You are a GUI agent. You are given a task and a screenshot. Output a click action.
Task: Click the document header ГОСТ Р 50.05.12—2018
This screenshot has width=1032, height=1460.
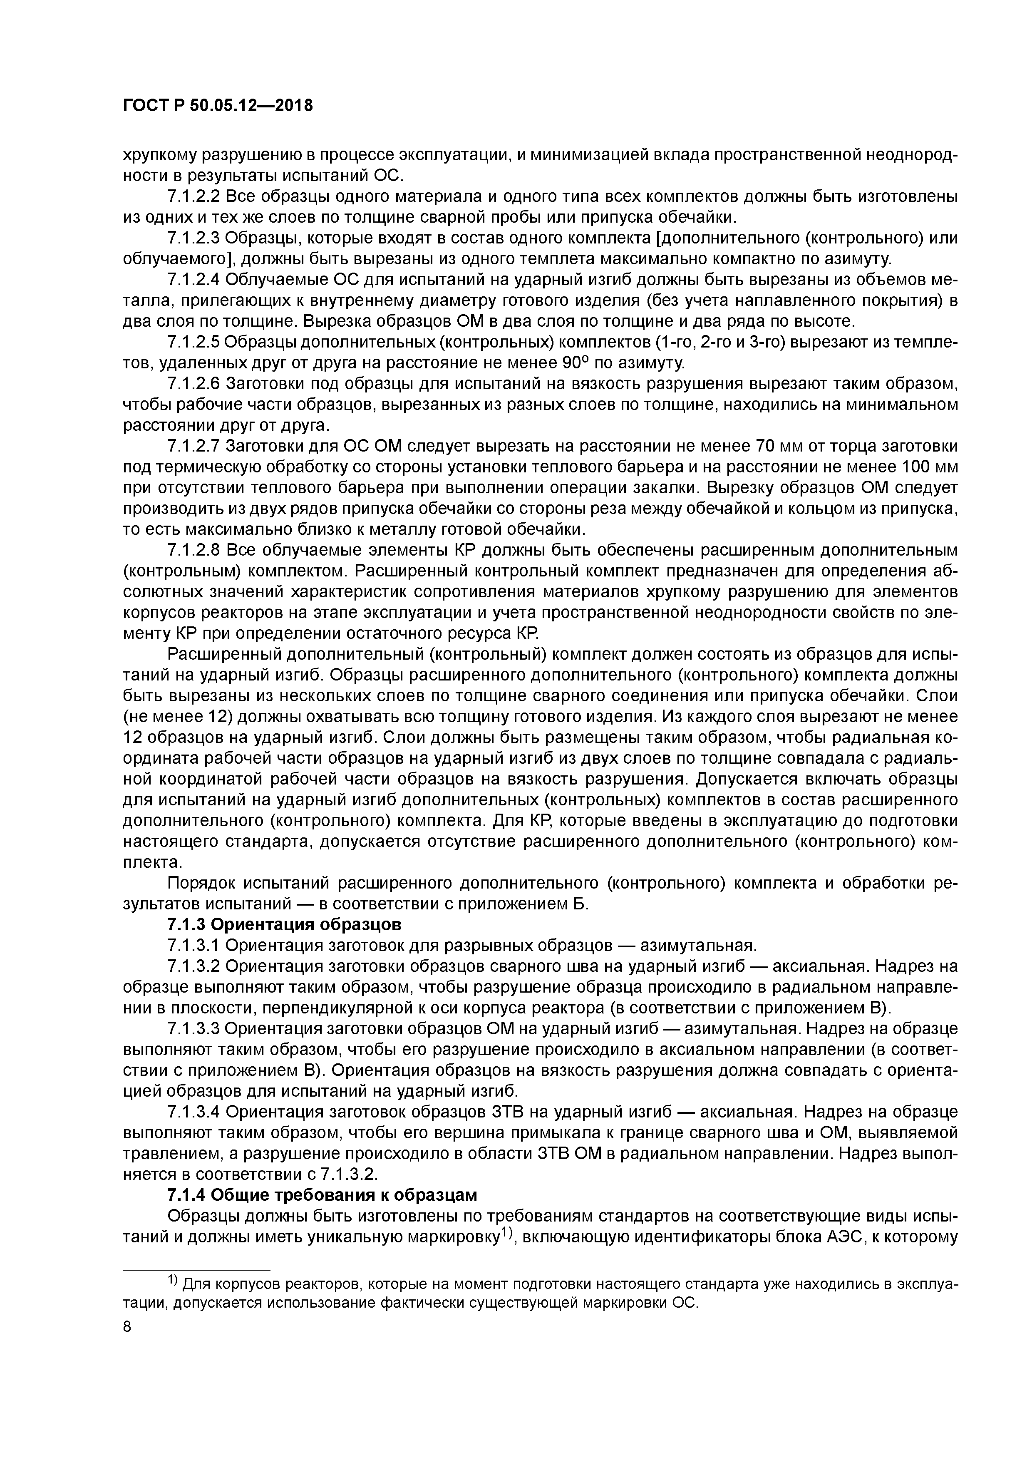tap(218, 106)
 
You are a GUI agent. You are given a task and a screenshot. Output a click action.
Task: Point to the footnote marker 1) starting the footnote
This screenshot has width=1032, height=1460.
tap(174, 1281)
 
